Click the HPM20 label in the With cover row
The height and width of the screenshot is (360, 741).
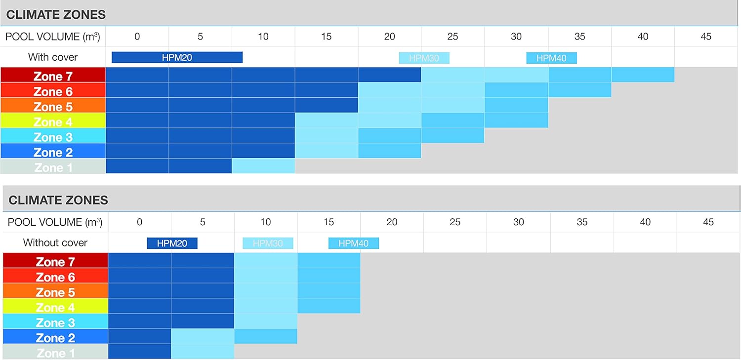click(177, 58)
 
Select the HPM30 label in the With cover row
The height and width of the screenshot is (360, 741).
click(424, 58)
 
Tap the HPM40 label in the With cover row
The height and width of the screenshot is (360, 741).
click(551, 58)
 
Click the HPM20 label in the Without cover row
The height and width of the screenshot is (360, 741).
click(172, 243)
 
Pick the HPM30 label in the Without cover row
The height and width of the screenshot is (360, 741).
click(268, 243)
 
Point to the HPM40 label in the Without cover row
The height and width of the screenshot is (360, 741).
click(353, 243)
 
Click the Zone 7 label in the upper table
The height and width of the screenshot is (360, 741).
click(53, 76)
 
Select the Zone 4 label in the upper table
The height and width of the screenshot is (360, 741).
click(53, 121)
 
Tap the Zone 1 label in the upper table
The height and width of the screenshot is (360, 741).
click(53, 167)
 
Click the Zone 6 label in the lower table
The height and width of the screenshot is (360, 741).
click(55, 277)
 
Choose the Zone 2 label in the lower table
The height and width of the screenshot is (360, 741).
click(55, 338)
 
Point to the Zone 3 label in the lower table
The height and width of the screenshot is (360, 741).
click(55, 322)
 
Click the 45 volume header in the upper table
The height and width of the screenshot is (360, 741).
click(706, 37)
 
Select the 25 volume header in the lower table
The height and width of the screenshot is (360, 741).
click(455, 222)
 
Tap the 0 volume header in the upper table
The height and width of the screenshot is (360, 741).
click(137, 37)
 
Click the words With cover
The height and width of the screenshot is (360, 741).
click(53, 57)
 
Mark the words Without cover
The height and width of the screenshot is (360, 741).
click(55, 242)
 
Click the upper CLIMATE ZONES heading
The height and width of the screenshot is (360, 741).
click(56, 15)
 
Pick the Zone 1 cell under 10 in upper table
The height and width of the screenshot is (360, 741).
click(263, 166)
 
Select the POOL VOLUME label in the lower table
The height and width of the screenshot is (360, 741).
click(55, 222)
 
